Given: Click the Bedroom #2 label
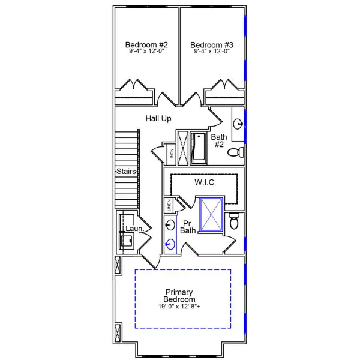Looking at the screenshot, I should point(146,45).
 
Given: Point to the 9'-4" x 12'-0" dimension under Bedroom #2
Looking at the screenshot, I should point(146,52).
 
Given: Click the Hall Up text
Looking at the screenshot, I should point(158,119).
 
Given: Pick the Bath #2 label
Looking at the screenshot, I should point(219,140).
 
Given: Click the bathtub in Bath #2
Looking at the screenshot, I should point(198,148).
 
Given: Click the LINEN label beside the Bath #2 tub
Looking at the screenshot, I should point(172,155).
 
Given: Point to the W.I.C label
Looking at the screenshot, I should point(205,181).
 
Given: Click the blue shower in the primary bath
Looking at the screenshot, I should point(211,214).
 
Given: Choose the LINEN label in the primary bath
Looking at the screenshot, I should point(170,205).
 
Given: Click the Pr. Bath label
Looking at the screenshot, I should point(188,226).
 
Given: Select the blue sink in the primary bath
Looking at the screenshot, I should point(170,244).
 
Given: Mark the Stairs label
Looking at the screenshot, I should point(126,172).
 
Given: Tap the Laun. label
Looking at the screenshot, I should point(134,229).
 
